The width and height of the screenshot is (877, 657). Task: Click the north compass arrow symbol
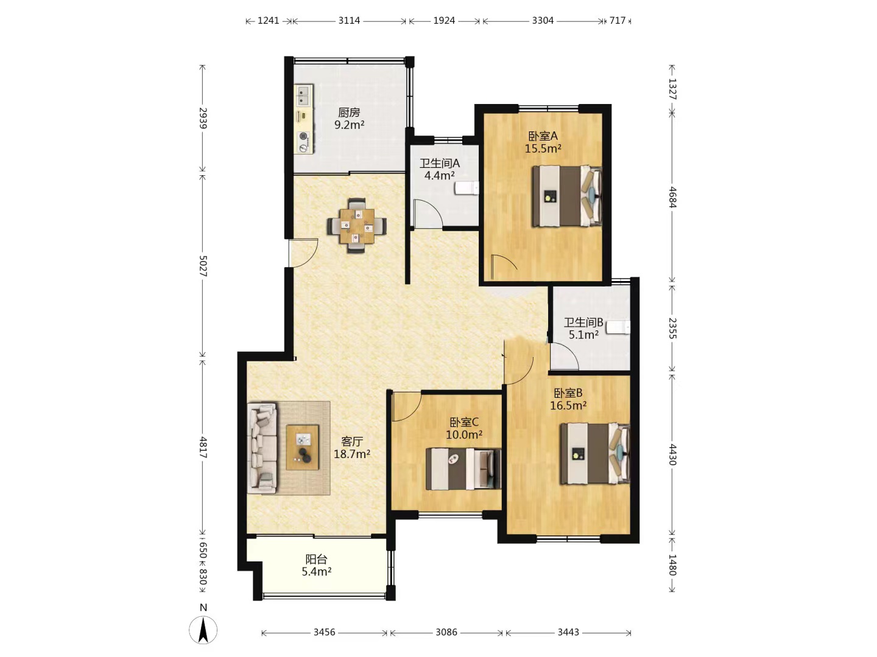point(203,630)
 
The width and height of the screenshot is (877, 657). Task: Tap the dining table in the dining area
point(357,226)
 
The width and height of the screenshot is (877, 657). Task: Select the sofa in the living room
point(262,448)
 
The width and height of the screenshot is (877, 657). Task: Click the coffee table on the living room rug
point(303,447)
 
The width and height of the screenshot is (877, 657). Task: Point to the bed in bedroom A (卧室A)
point(567,196)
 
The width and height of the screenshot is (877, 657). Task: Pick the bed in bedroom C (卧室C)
point(463,468)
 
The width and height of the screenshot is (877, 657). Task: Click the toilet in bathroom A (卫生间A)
point(467,188)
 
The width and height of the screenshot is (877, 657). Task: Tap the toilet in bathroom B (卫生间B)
point(618,327)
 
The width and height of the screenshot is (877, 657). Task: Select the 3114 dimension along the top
point(349,20)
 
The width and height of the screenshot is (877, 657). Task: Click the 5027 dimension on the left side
point(203,266)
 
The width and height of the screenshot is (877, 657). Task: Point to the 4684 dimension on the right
point(672,197)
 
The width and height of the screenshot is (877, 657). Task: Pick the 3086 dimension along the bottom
point(446,632)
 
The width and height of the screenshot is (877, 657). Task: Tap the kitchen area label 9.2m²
point(349,125)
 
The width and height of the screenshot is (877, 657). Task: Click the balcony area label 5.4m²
point(317,572)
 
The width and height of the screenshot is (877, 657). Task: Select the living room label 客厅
point(352,441)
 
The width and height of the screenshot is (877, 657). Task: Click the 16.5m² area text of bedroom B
point(568,405)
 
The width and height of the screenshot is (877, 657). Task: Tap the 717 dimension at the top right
point(618,20)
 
